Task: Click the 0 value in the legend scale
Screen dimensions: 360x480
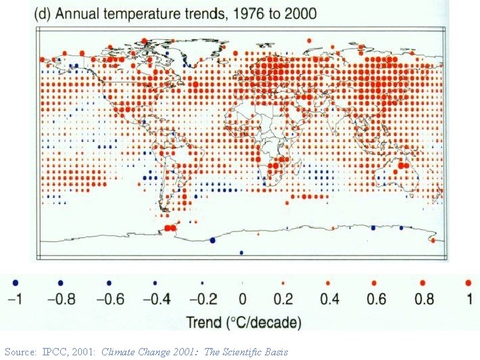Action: coord(243,299)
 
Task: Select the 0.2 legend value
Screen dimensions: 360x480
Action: coord(283,299)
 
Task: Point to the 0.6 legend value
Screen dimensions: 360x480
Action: coord(376,299)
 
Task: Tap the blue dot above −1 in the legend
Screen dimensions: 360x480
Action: coord(15,283)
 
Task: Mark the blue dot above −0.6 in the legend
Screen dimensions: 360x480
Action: coord(109,283)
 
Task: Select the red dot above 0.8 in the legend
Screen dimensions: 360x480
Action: coord(422,283)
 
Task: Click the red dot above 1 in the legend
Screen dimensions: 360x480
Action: coord(469,283)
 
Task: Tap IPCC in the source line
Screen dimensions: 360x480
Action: coord(56,351)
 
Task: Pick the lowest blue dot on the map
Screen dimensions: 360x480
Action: coord(241,252)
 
